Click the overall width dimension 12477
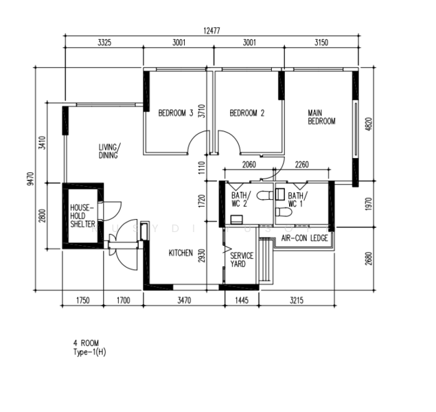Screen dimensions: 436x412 pyautogui.click(x=211, y=31)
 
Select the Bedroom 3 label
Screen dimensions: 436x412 pyautogui.click(x=176, y=113)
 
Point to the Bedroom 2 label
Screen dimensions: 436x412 pyautogui.click(x=247, y=113)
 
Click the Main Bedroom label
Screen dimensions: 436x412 pyautogui.click(x=321, y=117)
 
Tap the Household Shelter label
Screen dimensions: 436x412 pyautogui.click(x=82, y=216)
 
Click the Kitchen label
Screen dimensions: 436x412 pyautogui.click(x=181, y=253)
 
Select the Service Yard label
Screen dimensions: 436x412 pyautogui.click(x=242, y=260)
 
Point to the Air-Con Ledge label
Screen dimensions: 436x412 pyautogui.click(x=304, y=238)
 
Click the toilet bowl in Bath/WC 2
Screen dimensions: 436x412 pyautogui.click(x=265, y=196)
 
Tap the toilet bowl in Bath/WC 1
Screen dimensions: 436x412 pyautogui.click(x=284, y=212)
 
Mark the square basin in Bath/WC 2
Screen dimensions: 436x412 pyautogui.click(x=237, y=219)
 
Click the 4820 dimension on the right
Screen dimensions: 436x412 pyautogui.click(x=368, y=124)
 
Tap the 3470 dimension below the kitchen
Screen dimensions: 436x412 pyautogui.click(x=184, y=301)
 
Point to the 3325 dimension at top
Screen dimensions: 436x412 pyautogui.click(x=104, y=43)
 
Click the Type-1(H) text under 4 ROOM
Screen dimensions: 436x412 pyautogui.click(x=90, y=352)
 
